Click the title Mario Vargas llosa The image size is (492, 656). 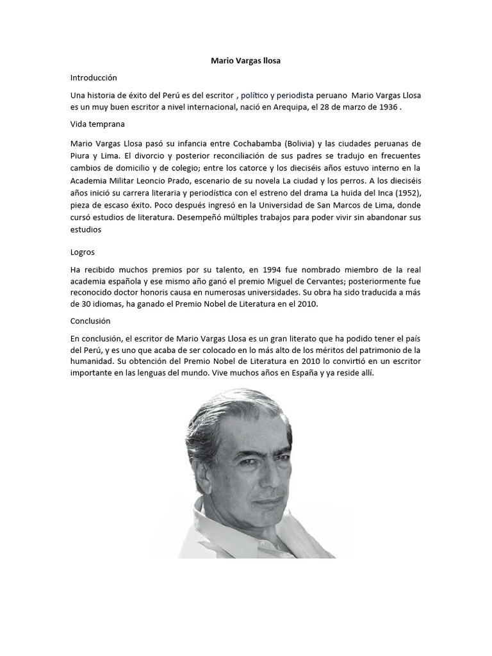[x=246, y=61]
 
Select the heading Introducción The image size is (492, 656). [x=94, y=78]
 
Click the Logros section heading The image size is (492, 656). [x=83, y=252]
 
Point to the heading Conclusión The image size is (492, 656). [x=91, y=321]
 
